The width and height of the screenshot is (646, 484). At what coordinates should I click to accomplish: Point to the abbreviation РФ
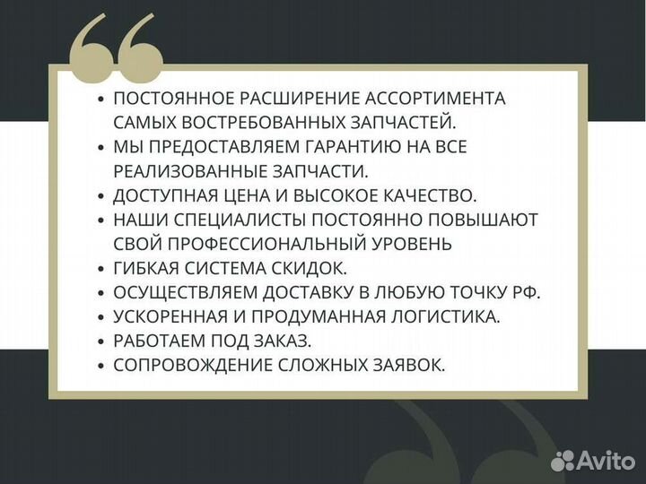tap(528, 292)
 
